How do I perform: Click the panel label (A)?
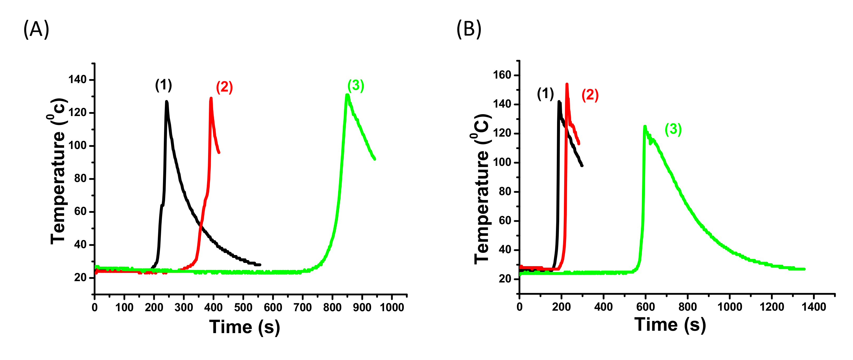[36, 29]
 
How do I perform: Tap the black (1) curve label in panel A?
[164, 85]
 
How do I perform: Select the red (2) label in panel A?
[224, 87]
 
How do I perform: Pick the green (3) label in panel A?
[356, 85]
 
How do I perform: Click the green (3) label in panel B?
[673, 129]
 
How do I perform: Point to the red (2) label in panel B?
[590, 95]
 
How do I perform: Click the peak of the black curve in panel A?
[166, 102]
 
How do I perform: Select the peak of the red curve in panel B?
[567, 84]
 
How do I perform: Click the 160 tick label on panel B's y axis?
[502, 75]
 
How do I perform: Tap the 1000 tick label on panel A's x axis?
[392, 307]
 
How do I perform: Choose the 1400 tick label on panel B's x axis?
[814, 307]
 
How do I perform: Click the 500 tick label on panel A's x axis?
[243, 307]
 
